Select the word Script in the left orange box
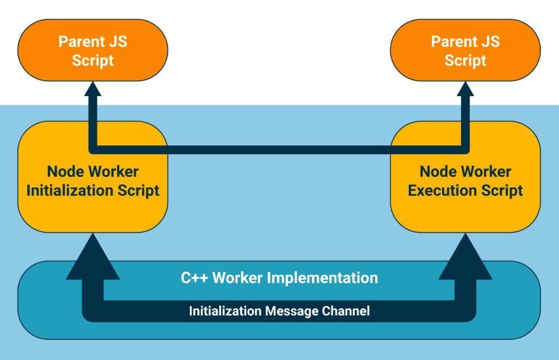tap(93, 60)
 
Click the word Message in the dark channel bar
tap(292, 311)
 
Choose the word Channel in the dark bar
tap(344, 311)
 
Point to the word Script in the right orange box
tap(466, 60)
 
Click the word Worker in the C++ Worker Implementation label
tap(237, 278)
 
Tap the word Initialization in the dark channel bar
tap(225, 311)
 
